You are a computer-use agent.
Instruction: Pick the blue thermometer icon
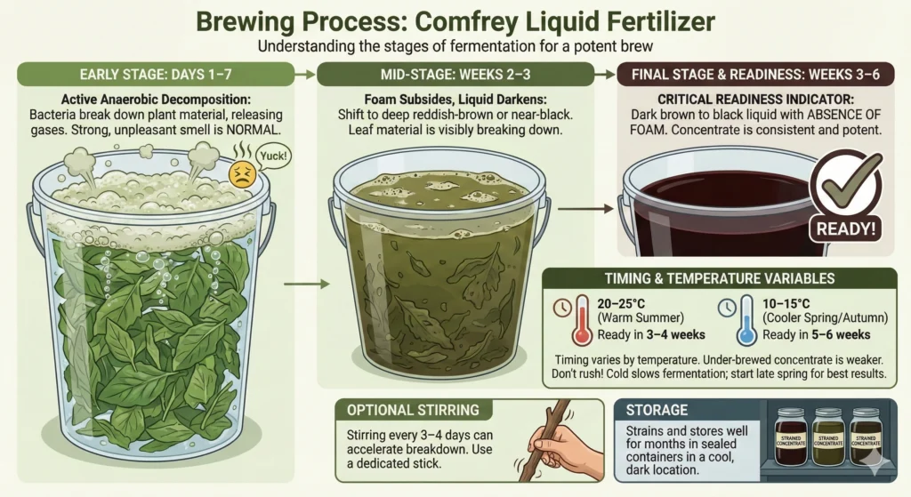click(x=745, y=324)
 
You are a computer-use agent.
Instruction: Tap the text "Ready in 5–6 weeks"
click(x=814, y=334)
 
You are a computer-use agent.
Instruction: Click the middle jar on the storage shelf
click(x=826, y=441)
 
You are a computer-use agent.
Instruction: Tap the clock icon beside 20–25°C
click(x=563, y=308)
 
